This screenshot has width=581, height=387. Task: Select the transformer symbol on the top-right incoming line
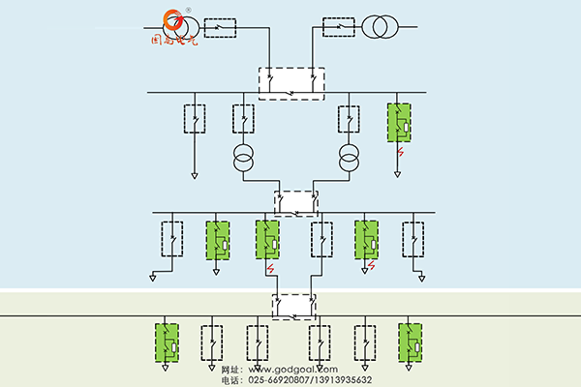pyautogui.click(x=374, y=25)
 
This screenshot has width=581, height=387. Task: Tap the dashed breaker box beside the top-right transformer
pyautogui.click(x=338, y=26)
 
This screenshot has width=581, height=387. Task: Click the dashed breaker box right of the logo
pyautogui.click(x=221, y=26)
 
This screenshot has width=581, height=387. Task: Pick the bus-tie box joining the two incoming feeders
pyautogui.click(x=291, y=83)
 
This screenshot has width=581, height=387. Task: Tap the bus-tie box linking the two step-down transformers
pyautogui.click(x=295, y=201)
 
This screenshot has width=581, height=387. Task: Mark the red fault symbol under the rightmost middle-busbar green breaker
pyautogui.click(x=371, y=266)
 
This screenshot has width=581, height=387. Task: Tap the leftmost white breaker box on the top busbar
pyautogui.click(x=197, y=118)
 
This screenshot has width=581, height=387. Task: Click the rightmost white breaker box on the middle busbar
pyautogui.click(x=413, y=239)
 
